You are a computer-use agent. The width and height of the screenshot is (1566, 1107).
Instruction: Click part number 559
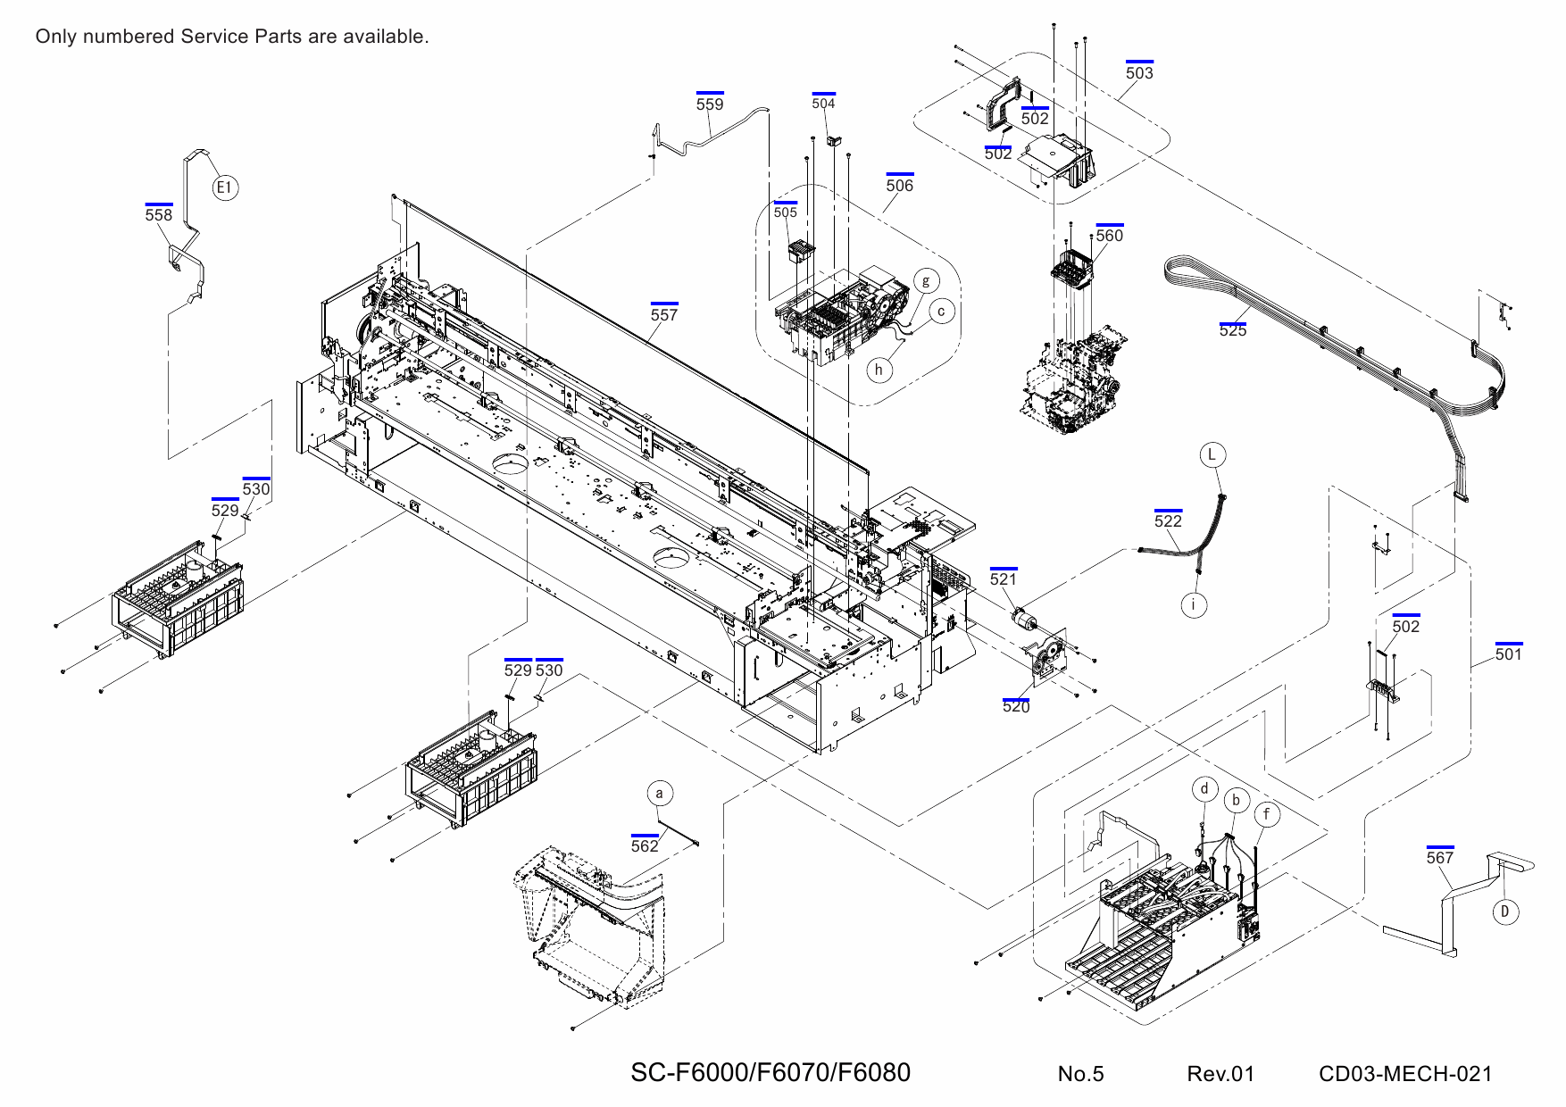click(710, 104)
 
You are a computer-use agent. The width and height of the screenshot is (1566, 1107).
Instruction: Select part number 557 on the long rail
click(663, 315)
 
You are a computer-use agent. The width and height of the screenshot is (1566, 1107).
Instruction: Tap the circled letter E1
click(225, 187)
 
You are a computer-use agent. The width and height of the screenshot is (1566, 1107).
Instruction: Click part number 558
click(159, 215)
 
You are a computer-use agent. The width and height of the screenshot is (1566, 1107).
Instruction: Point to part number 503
click(1139, 73)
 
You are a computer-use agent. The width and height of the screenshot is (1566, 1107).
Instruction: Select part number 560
click(1110, 236)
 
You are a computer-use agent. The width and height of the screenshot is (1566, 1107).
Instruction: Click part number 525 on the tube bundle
click(1233, 330)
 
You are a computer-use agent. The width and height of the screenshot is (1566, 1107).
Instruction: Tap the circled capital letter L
click(1212, 454)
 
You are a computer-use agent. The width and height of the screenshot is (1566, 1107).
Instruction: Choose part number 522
click(1168, 521)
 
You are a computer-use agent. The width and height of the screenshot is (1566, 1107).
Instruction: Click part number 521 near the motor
click(1004, 579)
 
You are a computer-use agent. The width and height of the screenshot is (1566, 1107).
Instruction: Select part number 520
click(1016, 707)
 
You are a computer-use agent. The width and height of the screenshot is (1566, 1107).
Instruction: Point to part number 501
click(1509, 654)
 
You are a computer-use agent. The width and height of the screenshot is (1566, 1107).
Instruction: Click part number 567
click(1440, 858)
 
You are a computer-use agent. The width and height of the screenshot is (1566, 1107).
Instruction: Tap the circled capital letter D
click(1505, 911)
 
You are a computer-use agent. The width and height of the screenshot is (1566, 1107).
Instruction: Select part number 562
click(645, 846)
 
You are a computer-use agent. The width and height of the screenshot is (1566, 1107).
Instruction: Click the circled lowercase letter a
click(659, 794)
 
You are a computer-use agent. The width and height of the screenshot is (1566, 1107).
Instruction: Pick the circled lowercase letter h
click(879, 370)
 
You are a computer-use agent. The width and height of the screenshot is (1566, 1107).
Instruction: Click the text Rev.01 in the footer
click(1220, 1074)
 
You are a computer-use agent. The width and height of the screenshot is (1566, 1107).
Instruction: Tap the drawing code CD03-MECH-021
click(1405, 1074)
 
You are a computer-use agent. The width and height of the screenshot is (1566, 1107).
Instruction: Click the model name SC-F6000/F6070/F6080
click(771, 1072)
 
